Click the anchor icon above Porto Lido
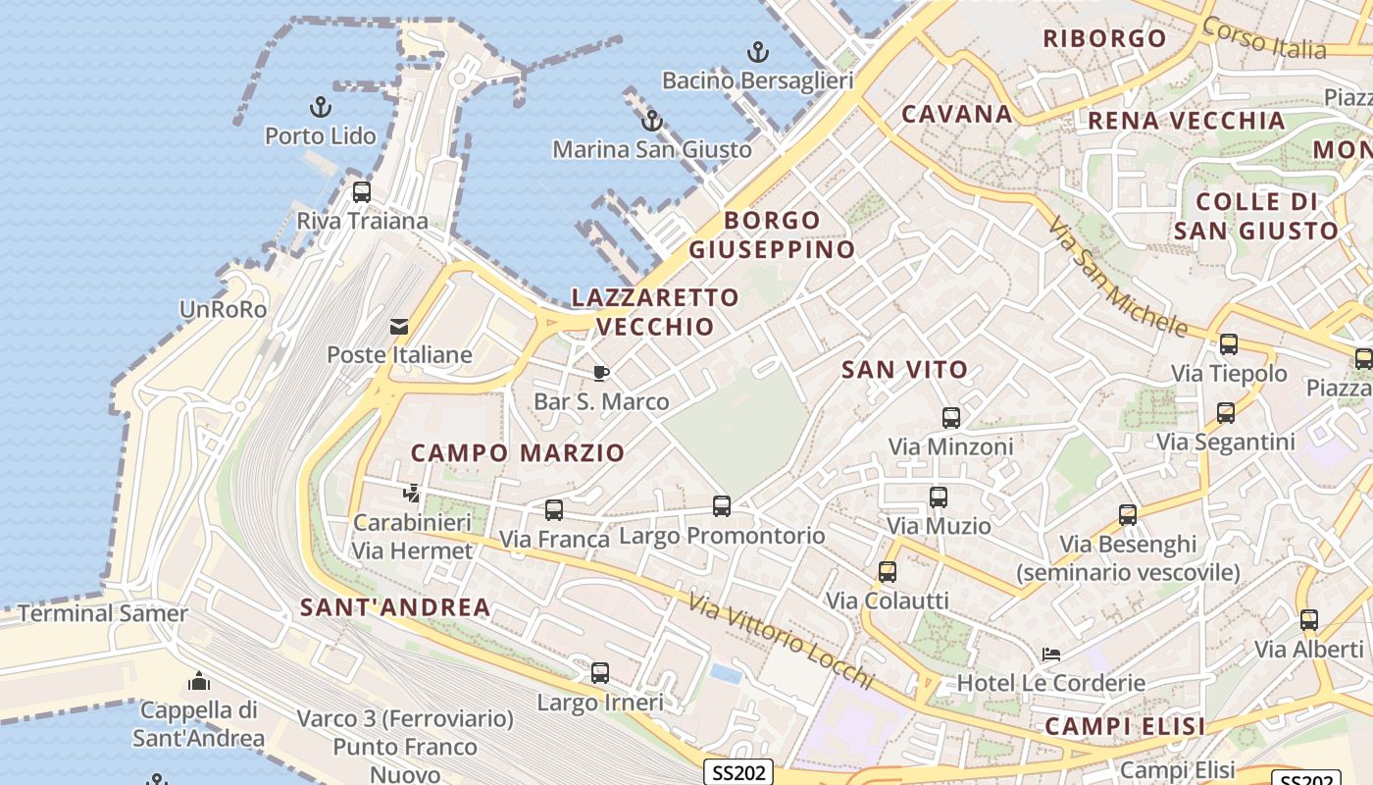point(321,107)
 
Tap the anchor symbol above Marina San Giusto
point(651,122)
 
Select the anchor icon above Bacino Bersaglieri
point(757,51)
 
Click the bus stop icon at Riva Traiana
point(362,192)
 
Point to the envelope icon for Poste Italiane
point(399,327)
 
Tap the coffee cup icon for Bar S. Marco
point(601,373)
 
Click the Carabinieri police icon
point(412,494)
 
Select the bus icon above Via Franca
point(554,510)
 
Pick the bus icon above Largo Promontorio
point(722,506)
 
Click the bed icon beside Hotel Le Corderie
point(1050,654)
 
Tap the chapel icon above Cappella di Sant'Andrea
point(199,681)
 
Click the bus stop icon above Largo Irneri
point(600,673)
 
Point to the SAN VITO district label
point(905,370)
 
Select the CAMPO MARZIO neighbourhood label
point(517,452)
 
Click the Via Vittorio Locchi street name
point(781,640)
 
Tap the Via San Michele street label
point(1117,277)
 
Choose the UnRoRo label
point(223,309)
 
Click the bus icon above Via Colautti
point(888,572)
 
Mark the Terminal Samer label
point(103,613)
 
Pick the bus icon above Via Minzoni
point(950,418)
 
